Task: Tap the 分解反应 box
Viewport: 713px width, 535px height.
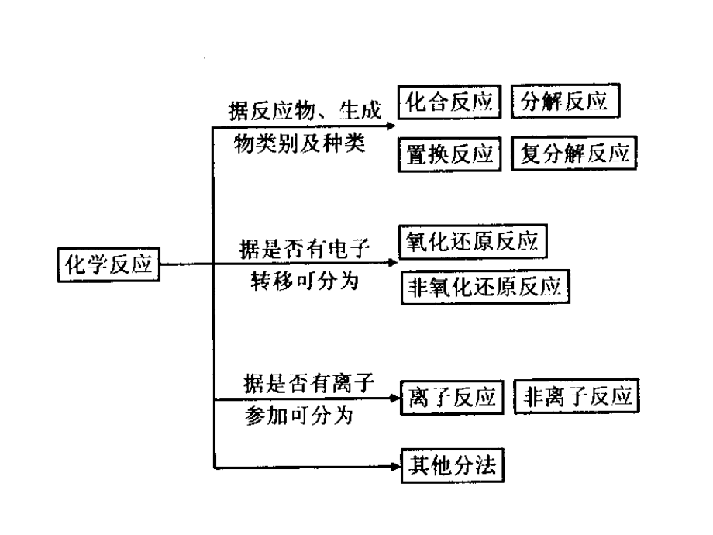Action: (565, 102)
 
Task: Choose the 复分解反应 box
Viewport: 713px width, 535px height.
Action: (574, 154)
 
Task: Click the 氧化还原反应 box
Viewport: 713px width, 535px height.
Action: (472, 240)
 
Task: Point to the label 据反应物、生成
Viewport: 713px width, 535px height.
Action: (305, 110)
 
